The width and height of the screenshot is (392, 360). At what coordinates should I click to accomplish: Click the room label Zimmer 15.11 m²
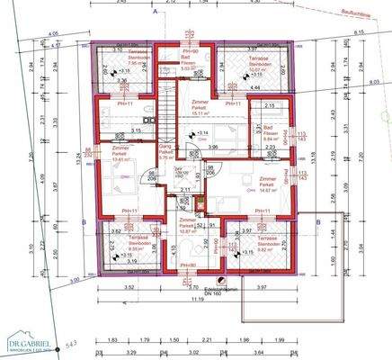197,111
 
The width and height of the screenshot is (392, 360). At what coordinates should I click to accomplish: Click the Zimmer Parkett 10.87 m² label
186,225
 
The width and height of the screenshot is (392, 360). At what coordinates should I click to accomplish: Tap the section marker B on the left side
82,222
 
